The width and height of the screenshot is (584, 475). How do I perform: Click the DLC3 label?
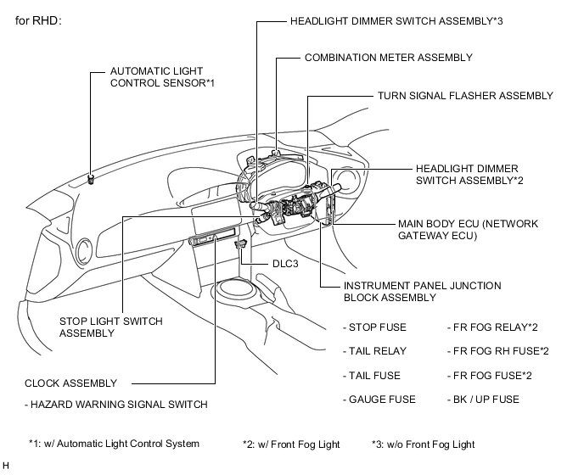pos(285,264)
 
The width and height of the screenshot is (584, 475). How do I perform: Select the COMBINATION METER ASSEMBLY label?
pos(389,58)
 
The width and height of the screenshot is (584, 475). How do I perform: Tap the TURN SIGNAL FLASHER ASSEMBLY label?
pos(465,96)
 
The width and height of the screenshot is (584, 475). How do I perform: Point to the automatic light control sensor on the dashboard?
pos(91,179)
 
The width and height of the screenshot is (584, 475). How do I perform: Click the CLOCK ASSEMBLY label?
pos(70,383)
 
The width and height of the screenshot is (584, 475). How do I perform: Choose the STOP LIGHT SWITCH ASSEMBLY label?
pos(111,327)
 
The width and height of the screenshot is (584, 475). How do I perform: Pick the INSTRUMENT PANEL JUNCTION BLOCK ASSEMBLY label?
pos(423,292)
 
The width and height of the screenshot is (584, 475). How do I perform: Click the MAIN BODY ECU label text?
pos(469,230)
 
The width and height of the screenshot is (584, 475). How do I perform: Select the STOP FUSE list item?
pos(374,327)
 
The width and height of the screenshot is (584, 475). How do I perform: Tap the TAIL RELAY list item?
pos(374,351)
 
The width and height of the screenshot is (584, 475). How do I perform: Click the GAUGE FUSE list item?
pos(379,400)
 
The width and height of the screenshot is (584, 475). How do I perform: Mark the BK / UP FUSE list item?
pos(483,400)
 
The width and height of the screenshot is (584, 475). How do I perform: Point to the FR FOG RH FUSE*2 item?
pos(498,351)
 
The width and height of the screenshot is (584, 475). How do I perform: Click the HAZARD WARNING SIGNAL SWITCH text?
pos(116,405)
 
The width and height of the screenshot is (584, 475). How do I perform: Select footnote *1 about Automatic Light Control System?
pos(114,444)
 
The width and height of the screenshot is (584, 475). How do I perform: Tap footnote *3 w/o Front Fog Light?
pos(423,444)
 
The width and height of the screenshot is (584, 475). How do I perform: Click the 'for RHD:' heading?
pos(38,20)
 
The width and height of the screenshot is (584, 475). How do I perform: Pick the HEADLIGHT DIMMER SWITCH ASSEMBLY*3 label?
pos(396,21)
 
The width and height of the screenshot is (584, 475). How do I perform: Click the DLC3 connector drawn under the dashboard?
pos(240,244)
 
